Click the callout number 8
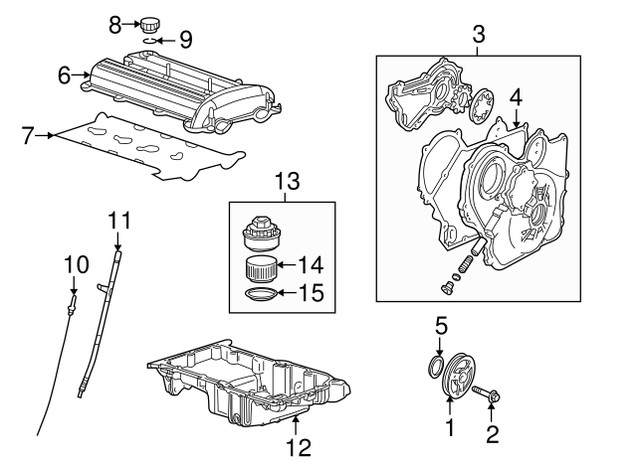114,22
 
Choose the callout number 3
479,36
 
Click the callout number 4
515,96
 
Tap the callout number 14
312,264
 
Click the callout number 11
119,218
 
